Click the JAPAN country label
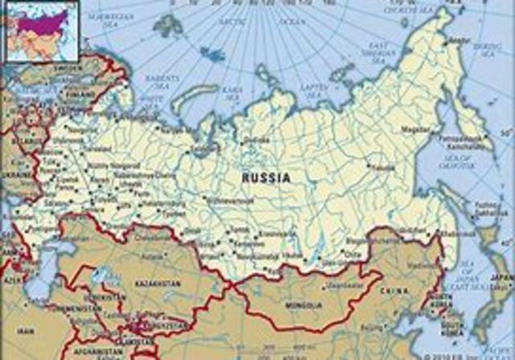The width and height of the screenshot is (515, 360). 500,277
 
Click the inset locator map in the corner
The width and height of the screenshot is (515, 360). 39,31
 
